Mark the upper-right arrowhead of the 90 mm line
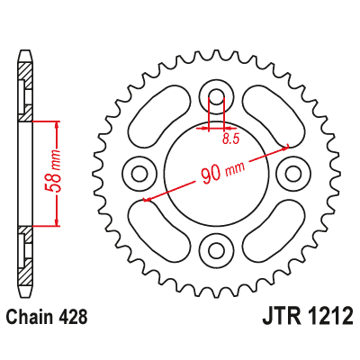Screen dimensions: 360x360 tap(285, 145)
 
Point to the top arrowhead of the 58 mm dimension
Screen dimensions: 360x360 tap(58, 123)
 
